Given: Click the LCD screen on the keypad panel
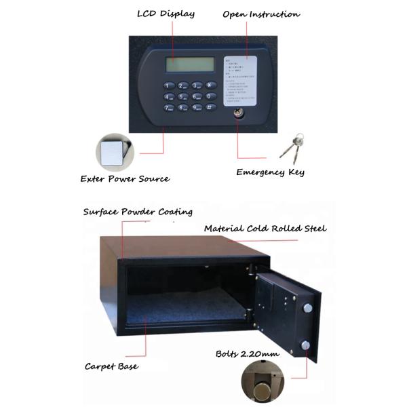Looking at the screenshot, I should pos(189,65).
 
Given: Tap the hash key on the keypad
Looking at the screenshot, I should pos(210,107).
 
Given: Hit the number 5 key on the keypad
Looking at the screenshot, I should pos(182,96).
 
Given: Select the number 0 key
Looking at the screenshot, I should pos(210,96).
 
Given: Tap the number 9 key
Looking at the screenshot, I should pos(197,107).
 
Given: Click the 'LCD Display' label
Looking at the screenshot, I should pos(166,14).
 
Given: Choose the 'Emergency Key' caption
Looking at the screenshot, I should pos(270,172).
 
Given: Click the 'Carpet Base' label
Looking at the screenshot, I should pos(111,366).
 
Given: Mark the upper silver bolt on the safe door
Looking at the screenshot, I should pos(308,309).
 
